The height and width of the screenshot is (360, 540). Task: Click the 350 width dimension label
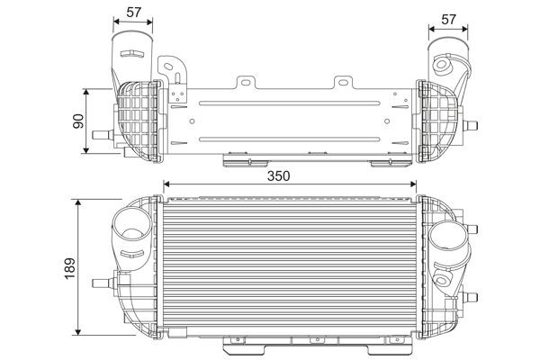[x=279, y=176]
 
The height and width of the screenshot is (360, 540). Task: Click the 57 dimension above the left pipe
[x=133, y=12]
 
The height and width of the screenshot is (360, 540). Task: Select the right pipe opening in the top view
[x=447, y=41]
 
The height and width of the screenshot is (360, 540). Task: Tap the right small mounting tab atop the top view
[x=342, y=83]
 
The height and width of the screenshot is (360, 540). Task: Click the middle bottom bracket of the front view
[x=315, y=340]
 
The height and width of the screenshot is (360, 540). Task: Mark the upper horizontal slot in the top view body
[x=288, y=103]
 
